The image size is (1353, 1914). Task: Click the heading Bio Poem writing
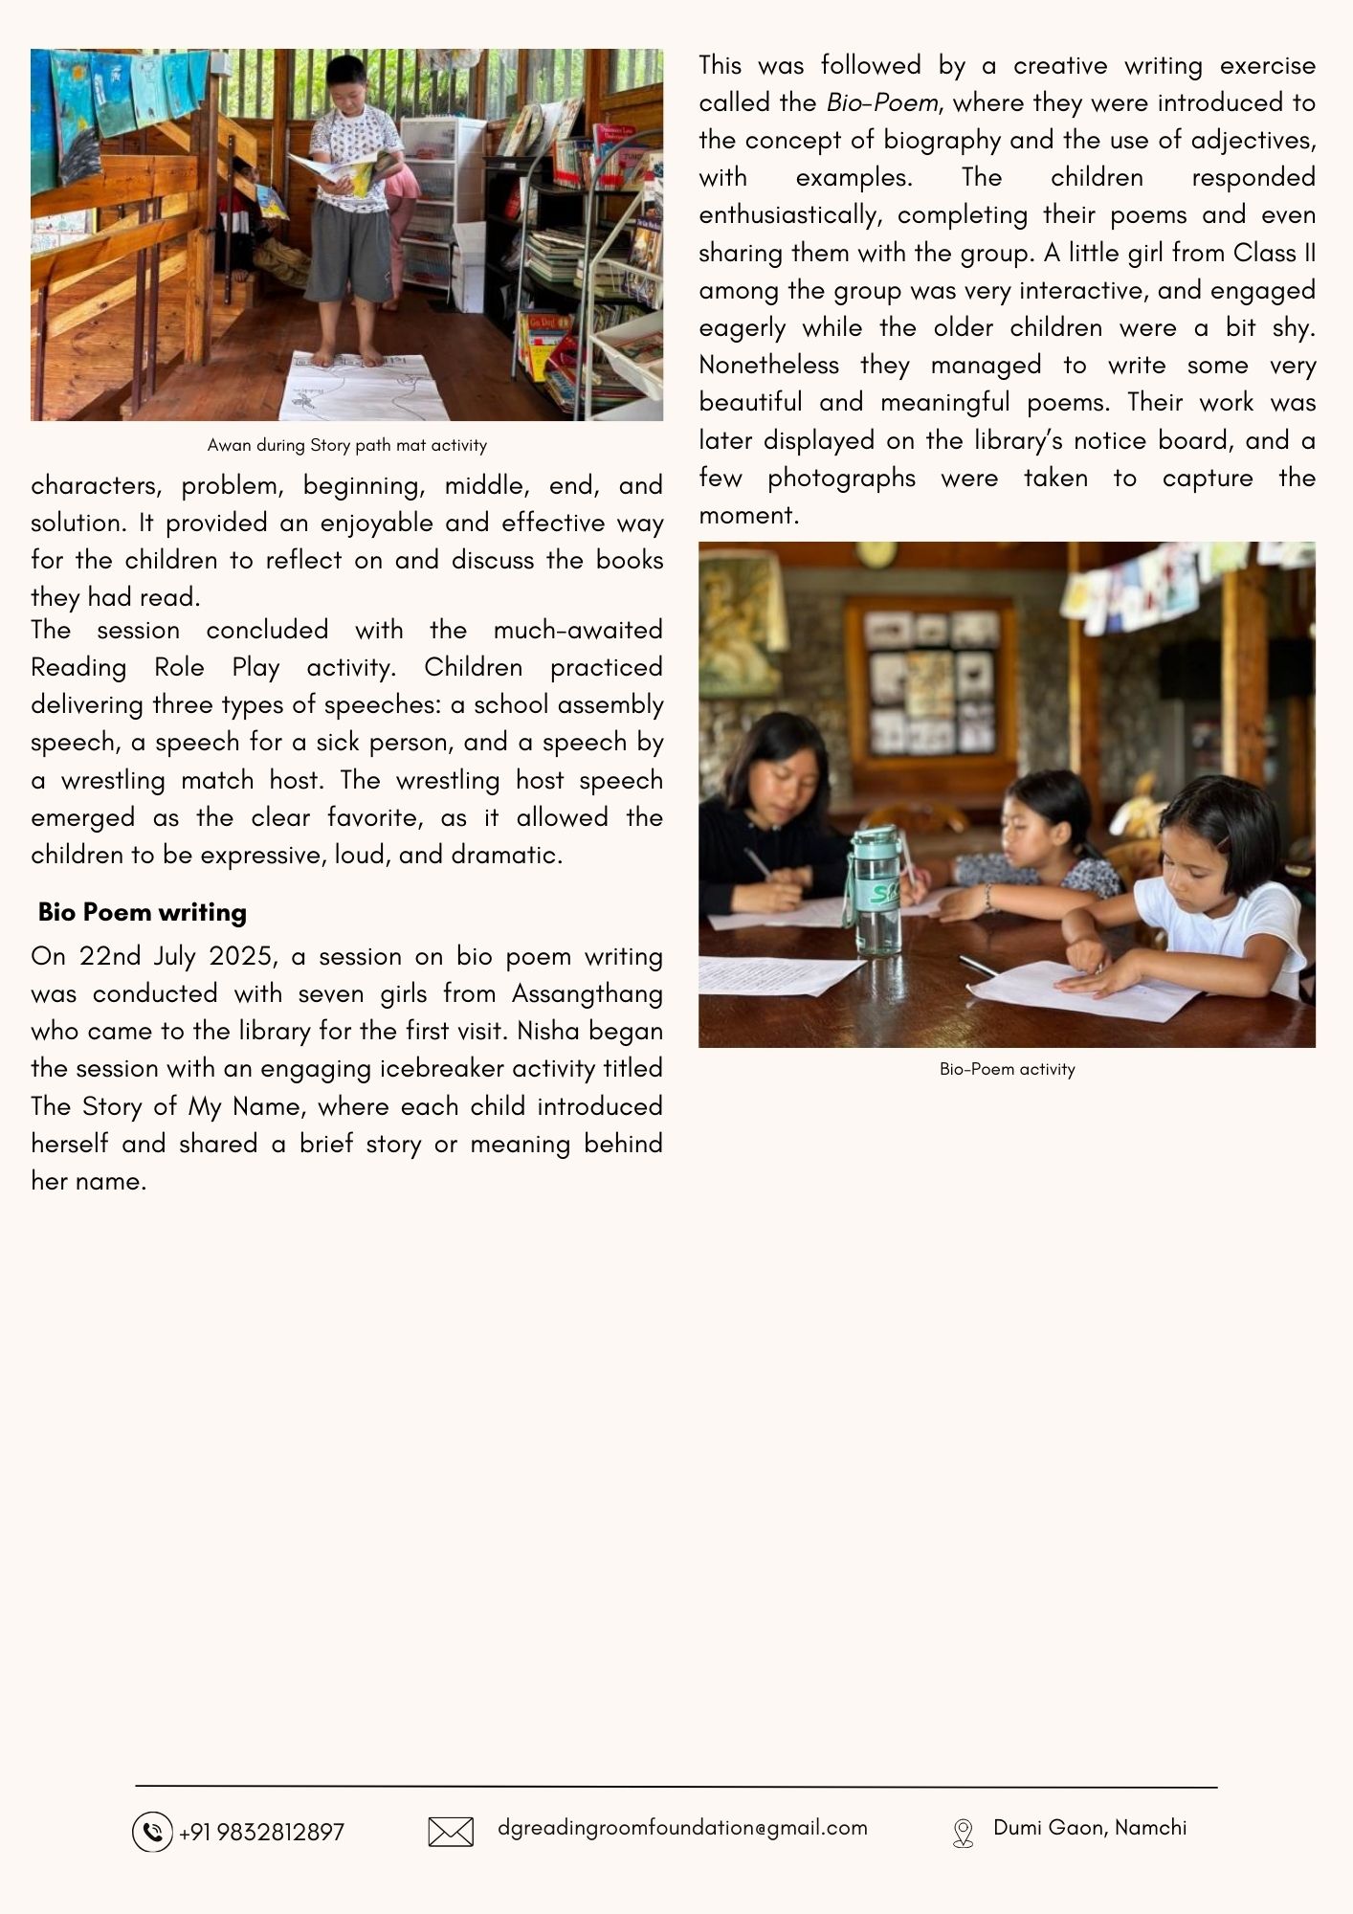pos(142,912)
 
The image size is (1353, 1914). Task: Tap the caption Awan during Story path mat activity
pos(346,445)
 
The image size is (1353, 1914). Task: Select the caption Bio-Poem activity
pos(1007,1069)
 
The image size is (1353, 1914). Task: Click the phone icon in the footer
pos(151,1832)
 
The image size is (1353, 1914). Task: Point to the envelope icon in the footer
pos(451,1832)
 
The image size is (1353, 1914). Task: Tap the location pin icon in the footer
pos(963,1833)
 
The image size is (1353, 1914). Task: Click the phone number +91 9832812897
pos(261,1832)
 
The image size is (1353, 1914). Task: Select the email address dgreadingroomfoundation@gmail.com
pos(682,1828)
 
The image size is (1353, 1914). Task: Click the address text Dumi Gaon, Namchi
pos(1090,1828)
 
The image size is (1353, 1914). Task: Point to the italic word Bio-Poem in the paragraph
pos(881,102)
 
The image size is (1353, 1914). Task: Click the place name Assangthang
pos(587,993)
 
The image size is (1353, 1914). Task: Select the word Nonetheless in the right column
pos(768,365)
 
